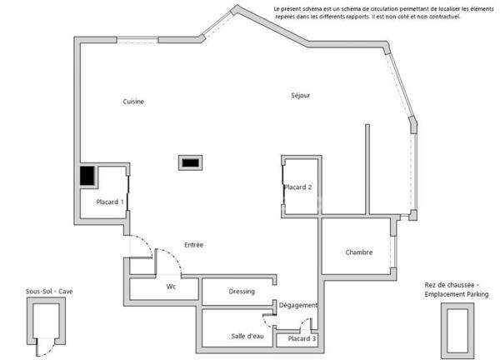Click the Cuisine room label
[133, 102]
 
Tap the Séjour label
[301, 96]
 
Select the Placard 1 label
[110, 202]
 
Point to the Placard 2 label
[297, 187]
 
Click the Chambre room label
[358, 252]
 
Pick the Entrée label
[194, 244]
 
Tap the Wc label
[171, 287]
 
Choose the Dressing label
[241, 291]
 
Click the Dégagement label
[298, 305]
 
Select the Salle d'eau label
[247, 336]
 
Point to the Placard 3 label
[302, 339]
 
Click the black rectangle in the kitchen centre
[189, 163]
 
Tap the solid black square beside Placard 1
[87, 177]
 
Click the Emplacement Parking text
[457, 295]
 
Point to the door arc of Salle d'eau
[267, 319]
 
